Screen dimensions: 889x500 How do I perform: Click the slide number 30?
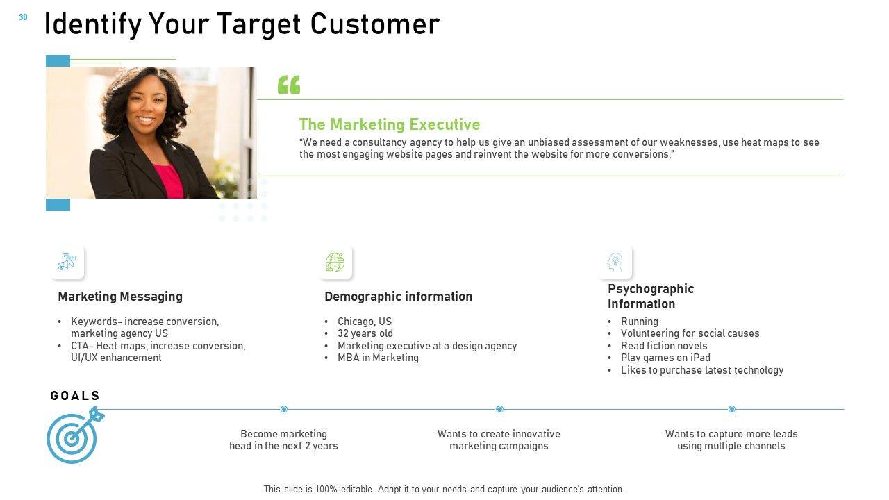[23, 17]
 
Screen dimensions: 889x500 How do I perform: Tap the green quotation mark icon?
[289, 85]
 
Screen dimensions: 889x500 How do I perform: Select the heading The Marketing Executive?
[390, 124]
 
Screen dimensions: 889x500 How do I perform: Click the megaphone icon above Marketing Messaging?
[67, 262]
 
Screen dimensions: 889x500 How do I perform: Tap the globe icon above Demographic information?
[335, 262]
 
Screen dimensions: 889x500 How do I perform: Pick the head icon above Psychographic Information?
[615, 262]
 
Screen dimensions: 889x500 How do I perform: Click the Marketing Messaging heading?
[120, 297]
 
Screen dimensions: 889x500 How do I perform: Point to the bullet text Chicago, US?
[365, 322]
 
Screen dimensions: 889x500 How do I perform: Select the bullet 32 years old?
[365, 333]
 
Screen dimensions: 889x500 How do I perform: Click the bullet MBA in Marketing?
[378, 358]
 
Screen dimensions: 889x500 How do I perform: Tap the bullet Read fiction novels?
[664, 346]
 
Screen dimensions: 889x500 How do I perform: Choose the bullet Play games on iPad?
[665, 358]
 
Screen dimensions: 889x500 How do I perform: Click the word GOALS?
[75, 396]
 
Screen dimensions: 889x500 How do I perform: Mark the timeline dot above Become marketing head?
[284, 409]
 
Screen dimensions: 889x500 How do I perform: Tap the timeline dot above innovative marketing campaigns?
[499, 409]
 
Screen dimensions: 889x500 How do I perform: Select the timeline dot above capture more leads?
[732, 409]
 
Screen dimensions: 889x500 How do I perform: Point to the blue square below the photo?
[58, 205]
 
